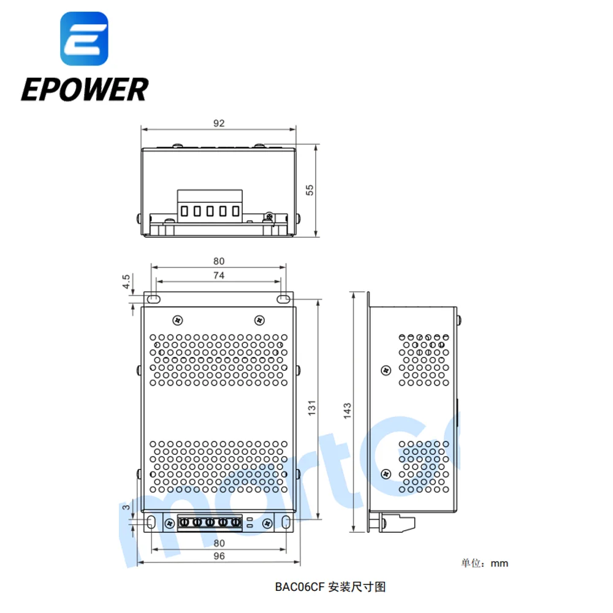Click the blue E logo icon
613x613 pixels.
(84, 38)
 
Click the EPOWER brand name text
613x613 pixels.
(85, 89)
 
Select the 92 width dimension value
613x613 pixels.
(219, 123)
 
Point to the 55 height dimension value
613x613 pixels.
(310, 190)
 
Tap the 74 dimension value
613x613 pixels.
(219, 275)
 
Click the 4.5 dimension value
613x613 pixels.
(126, 281)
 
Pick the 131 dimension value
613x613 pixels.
(312, 408)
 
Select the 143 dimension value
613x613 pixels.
(347, 411)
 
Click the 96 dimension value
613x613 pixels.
(219, 556)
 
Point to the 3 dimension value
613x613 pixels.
(126, 507)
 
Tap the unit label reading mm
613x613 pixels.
(499, 563)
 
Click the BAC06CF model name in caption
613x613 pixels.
(300, 587)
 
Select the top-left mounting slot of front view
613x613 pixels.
(153, 300)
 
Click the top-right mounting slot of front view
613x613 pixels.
(283, 300)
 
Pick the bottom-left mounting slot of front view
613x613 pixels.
(151, 522)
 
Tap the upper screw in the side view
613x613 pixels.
(386, 370)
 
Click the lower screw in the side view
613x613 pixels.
(386, 474)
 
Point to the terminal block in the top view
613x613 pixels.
(210, 207)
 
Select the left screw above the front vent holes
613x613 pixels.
(178, 321)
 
